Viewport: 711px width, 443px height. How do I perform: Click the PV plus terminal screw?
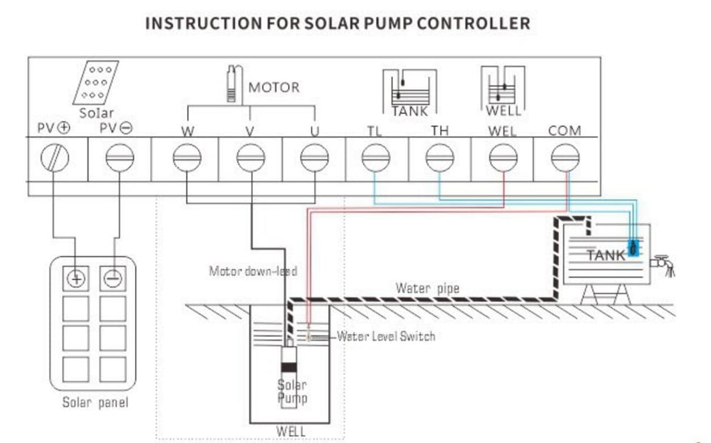click(x=55, y=158)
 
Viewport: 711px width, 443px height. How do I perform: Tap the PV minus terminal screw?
click(x=118, y=158)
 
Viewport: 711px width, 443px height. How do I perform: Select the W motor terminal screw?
click(x=187, y=158)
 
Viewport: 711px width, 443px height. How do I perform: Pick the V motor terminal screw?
click(x=250, y=158)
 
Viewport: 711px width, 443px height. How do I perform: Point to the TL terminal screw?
click(x=375, y=158)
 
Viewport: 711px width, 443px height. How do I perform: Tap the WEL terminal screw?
click(x=503, y=158)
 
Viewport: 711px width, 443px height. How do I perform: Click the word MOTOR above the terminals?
click(x=274, y=88)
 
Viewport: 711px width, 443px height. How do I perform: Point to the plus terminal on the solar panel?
click(x=75, y=278)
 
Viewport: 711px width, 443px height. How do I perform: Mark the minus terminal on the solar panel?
click(x=112, y=278)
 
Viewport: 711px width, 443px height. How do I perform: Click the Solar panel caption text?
click(x=95, y=403)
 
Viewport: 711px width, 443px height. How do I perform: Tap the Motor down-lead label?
click(x=252, y=271)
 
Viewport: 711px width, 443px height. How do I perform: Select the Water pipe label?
click(x=427, y=288)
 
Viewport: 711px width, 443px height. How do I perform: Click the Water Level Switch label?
click(x=385, y=336)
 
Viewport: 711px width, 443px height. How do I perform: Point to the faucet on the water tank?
click(x=663, y=264)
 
